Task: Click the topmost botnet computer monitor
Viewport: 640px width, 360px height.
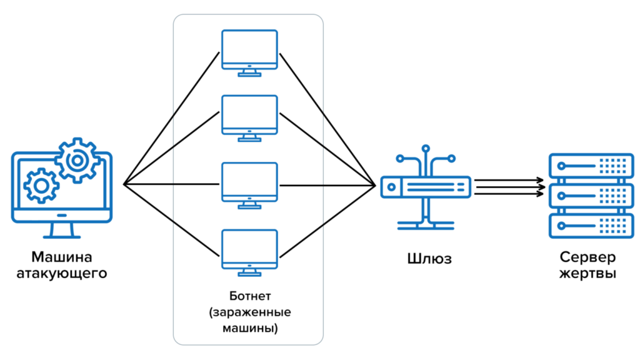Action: coord(249,49)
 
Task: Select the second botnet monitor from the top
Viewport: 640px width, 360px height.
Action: coord(249,114)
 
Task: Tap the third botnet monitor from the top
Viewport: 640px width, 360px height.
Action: coord(249,182)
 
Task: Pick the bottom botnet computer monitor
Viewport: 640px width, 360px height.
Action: coord(249,249)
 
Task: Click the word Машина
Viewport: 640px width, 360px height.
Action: coord(62,257)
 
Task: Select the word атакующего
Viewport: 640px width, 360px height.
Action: coord(62,273)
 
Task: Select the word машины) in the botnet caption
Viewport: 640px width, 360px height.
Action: coord(249,327)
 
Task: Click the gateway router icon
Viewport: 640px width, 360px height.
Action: coord(426,186)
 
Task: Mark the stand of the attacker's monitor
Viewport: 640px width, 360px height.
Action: coord(62,230)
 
